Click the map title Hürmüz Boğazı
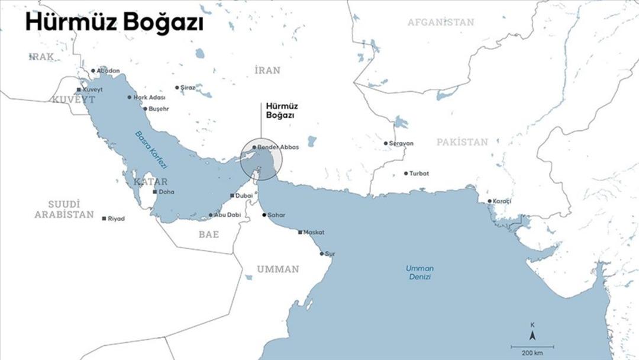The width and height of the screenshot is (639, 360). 114,22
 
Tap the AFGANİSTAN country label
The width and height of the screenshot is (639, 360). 441,22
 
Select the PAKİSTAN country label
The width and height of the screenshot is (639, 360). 462,142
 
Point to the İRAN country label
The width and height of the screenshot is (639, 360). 267,70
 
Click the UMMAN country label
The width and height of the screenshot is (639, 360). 277,269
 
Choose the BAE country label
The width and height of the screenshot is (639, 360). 208,234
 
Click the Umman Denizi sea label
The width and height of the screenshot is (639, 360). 419,272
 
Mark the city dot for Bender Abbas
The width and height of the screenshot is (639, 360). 254,147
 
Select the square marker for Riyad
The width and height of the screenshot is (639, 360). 104,218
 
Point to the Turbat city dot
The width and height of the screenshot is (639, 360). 406,173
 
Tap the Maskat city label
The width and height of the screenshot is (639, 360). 314,232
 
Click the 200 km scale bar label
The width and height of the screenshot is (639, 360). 532,353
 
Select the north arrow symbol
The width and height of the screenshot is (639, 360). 532,336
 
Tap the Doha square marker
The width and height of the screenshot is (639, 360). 155,192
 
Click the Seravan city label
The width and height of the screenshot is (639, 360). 401,143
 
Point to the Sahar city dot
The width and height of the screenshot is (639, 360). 264,214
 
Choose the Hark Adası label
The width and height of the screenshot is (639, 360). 150,97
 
